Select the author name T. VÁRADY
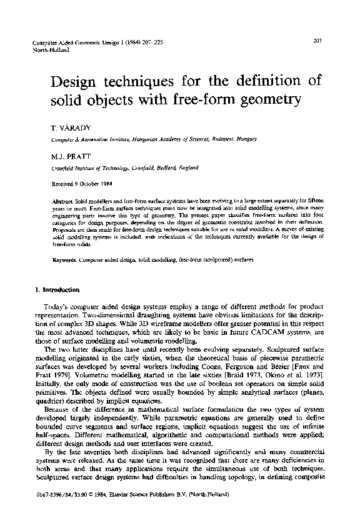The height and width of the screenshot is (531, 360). point(66,127)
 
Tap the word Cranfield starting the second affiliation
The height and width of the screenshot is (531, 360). point(64,167)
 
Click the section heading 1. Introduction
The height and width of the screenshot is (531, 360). point(57,289)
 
